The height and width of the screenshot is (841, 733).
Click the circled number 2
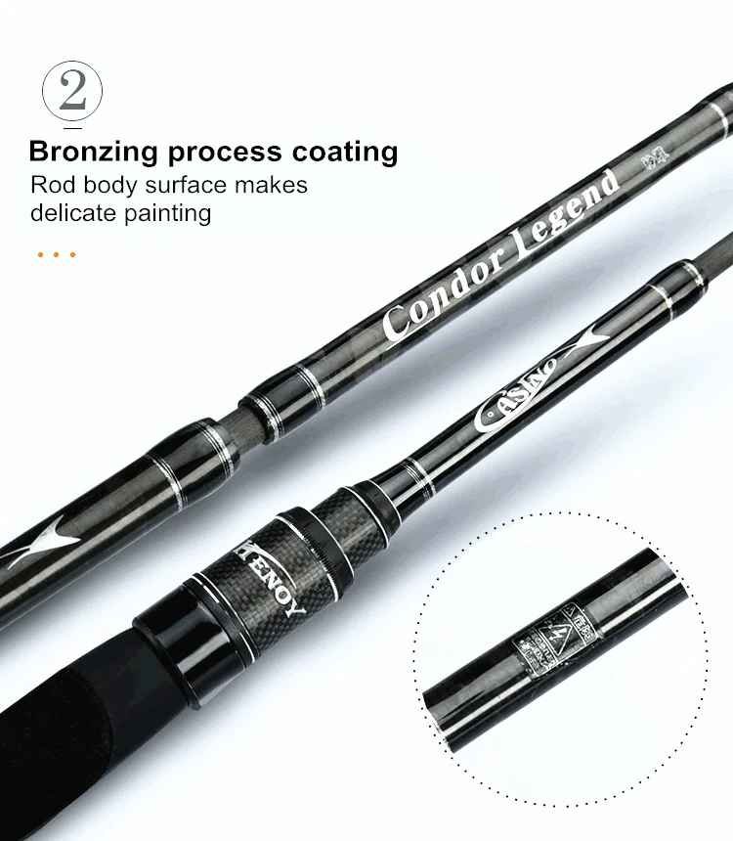[71, 92]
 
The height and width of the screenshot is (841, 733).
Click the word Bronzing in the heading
[93, 153]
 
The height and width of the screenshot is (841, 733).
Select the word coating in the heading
[344, 153]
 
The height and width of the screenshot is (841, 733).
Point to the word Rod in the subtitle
[51, 185]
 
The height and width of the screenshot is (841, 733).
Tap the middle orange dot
[57, 255]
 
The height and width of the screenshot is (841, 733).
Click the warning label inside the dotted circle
[552, 641]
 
